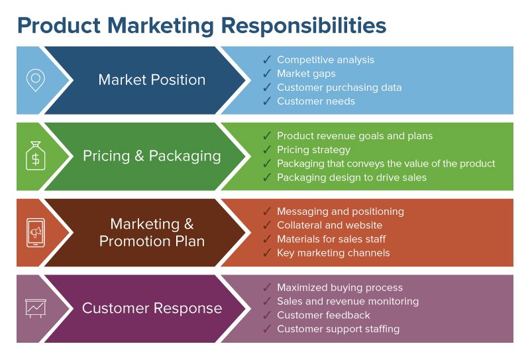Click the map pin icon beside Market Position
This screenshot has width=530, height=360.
(x=35, y=80)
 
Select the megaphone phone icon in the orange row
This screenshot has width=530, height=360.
(x=35, y=232)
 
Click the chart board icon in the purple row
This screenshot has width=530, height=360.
(x=35, y=308)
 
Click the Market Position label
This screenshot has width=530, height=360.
(x=152, y=80)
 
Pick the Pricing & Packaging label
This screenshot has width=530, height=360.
(x=152, y=156)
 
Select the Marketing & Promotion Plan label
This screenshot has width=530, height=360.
(x=152, y=232)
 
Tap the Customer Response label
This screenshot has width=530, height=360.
(x=152, y=308)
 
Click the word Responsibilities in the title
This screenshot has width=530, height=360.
(x=304, y=25)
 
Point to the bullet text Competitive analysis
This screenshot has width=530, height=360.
(x=325, y=60)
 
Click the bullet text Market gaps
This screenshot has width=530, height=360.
(x=306, y=74)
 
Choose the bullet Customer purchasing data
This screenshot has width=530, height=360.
(x=339, y=88)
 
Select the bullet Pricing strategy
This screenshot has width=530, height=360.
(x=313, y=150)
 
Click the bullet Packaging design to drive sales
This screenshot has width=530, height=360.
(x=352, y=178)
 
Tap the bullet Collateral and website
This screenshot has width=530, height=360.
(x=329, y=225)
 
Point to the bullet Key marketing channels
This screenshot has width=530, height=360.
(x=333, y=253)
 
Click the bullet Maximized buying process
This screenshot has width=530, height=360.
(x=340, y=288)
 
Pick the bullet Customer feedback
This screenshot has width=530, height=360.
(x=323, y=315)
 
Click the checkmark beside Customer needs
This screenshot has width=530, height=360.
(x=267, y=101)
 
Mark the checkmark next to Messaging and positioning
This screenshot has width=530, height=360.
(x=267, y=211)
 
